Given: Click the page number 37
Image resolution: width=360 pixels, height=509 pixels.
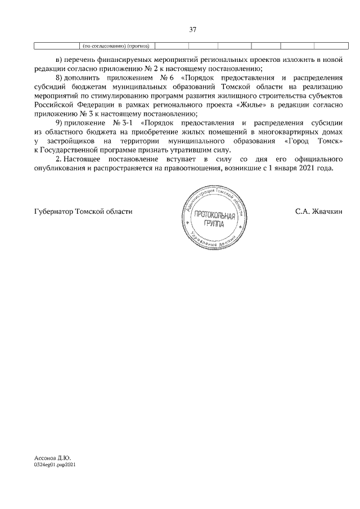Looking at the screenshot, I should click(x=192, y=30).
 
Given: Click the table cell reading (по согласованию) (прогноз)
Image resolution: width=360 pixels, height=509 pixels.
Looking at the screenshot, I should click(x=115, y=46).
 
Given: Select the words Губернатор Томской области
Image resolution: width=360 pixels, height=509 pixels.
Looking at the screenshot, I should click(x=83, y=211).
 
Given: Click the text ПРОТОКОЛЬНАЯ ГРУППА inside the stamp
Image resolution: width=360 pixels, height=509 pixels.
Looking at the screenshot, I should click(x=214, y=219).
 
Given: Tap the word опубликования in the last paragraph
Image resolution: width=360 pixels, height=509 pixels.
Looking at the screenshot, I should click(x=60, y=168).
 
